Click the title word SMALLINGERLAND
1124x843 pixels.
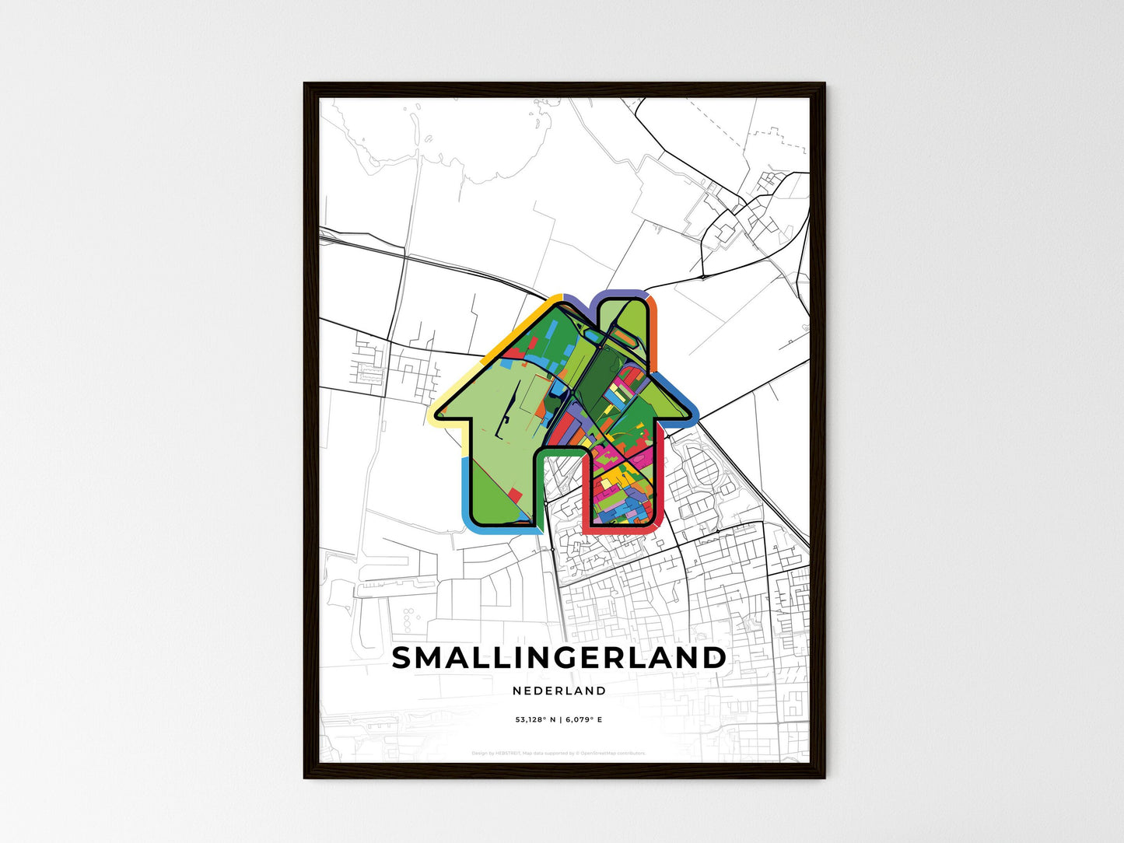tap(558, 658)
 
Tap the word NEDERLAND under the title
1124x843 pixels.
tap(559, 691)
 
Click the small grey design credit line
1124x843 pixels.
tap(558, 753)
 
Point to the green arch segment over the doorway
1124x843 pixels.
tap(560, 450)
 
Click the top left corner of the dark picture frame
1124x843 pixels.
tap(306, 85)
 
